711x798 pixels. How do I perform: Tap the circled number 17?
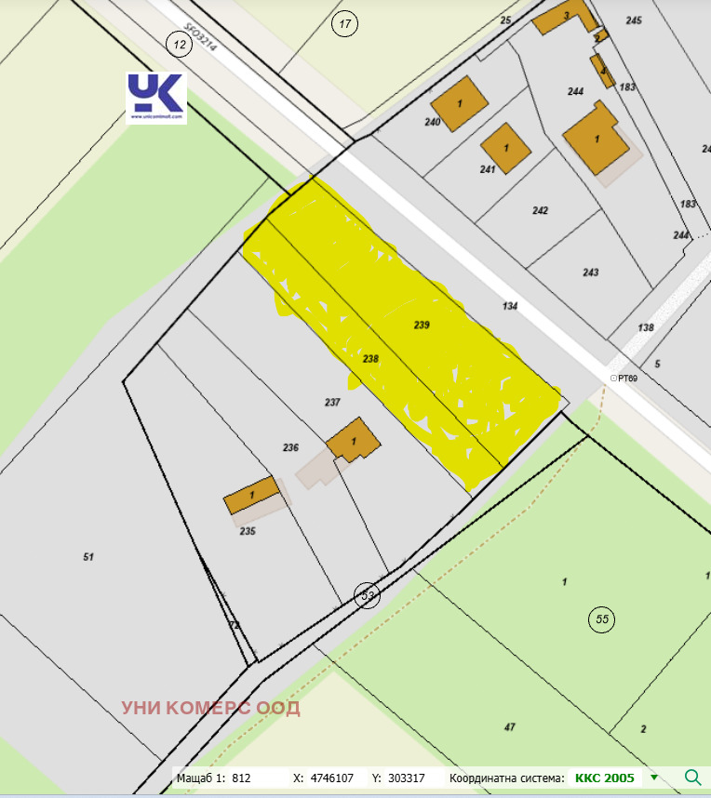point(345,25)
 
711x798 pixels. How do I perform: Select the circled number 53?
point(368,596)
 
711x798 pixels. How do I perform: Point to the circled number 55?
point(602,618)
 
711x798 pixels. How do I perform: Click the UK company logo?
point(156,98)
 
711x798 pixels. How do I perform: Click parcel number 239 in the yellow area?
point(422,325)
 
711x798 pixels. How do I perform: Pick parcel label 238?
point(370,358)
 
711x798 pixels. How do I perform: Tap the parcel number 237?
point(332,403)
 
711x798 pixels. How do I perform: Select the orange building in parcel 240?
point(460,103)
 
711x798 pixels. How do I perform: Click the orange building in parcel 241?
point(506,149)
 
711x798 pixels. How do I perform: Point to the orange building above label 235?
point(252,495)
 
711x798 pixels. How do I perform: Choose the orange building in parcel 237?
point(354,440)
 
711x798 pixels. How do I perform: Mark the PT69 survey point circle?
point(613,378)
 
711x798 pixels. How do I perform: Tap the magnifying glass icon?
point(692,778)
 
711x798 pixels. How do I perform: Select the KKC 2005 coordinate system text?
point(604,778)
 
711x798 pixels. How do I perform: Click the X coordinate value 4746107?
point(331,778)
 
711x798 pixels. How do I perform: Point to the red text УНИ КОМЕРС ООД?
point(210,708)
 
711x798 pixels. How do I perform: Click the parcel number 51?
point(88,557)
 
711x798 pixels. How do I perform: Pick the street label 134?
point(509,306)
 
